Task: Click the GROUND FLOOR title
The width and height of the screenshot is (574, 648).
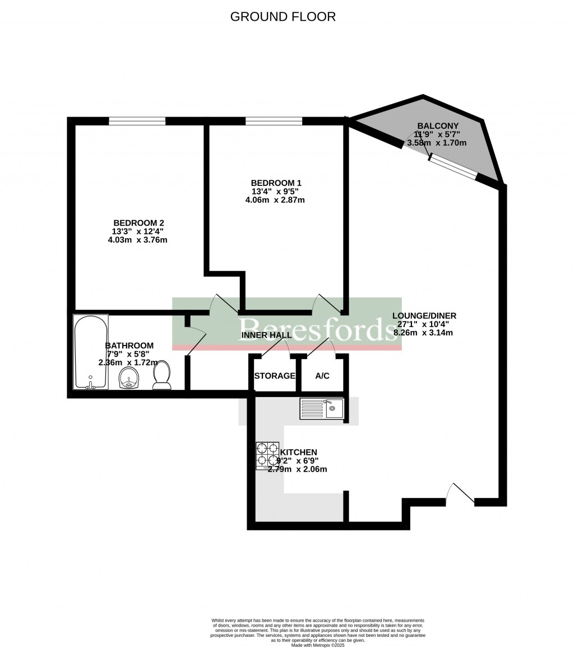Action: tap(283, 17)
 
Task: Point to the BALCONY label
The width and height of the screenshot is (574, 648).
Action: tap(438, 126)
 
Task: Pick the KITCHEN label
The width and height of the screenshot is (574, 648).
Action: tap(299, 452)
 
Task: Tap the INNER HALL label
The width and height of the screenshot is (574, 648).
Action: tap(266, 335)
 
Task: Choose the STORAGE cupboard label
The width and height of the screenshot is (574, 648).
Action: tap(275, 376)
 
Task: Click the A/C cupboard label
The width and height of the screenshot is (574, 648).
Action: tap(322, 376)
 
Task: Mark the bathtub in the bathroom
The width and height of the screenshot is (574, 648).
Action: tap(90, 353)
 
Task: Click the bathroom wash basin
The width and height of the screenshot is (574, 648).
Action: tap(130, 379)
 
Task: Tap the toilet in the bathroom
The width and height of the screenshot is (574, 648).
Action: tap(162, 376)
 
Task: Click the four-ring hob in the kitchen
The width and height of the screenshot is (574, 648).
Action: tap(267, 456)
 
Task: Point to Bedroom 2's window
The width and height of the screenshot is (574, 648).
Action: tap(137, 120)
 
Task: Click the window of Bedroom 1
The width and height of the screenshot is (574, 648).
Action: tap(274, 120)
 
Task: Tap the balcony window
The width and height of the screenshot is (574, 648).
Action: tap(453, 167)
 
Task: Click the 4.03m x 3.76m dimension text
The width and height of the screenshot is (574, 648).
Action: tap(138, 240)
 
